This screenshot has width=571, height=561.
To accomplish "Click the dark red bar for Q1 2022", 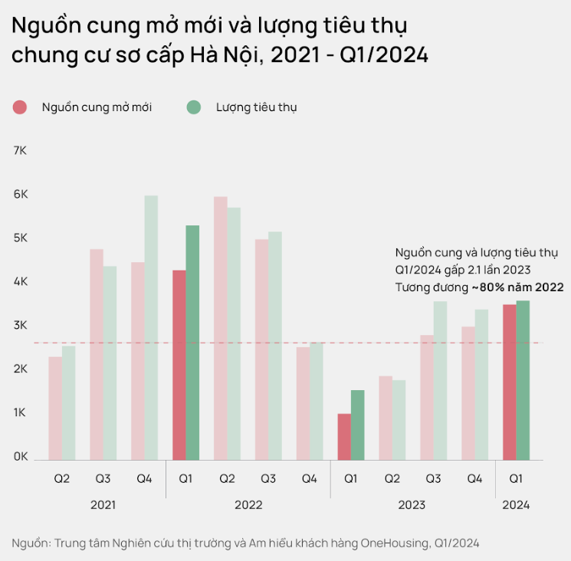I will (179, 365).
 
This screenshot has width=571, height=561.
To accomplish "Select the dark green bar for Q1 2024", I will (523, 380).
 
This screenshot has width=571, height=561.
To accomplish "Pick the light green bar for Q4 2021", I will (151, 327).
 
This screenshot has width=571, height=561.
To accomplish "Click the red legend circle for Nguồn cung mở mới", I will (20, 107).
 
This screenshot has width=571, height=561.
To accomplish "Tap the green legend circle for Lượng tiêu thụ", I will (194, 107).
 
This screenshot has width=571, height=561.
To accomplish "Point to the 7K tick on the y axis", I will (20, 151).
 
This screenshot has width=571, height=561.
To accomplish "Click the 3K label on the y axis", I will (20, 326).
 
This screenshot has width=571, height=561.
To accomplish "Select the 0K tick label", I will (20, 457).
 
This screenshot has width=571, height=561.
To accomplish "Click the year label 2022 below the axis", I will (248, 505).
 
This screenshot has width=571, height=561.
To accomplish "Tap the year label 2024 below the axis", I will (516, 505).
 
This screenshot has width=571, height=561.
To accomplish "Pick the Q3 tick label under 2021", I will (103, 479).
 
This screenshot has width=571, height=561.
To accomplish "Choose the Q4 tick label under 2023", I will (474, 479).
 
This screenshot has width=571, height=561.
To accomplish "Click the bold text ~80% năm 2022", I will (517, 287).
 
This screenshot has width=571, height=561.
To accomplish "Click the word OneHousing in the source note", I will (392, 543).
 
